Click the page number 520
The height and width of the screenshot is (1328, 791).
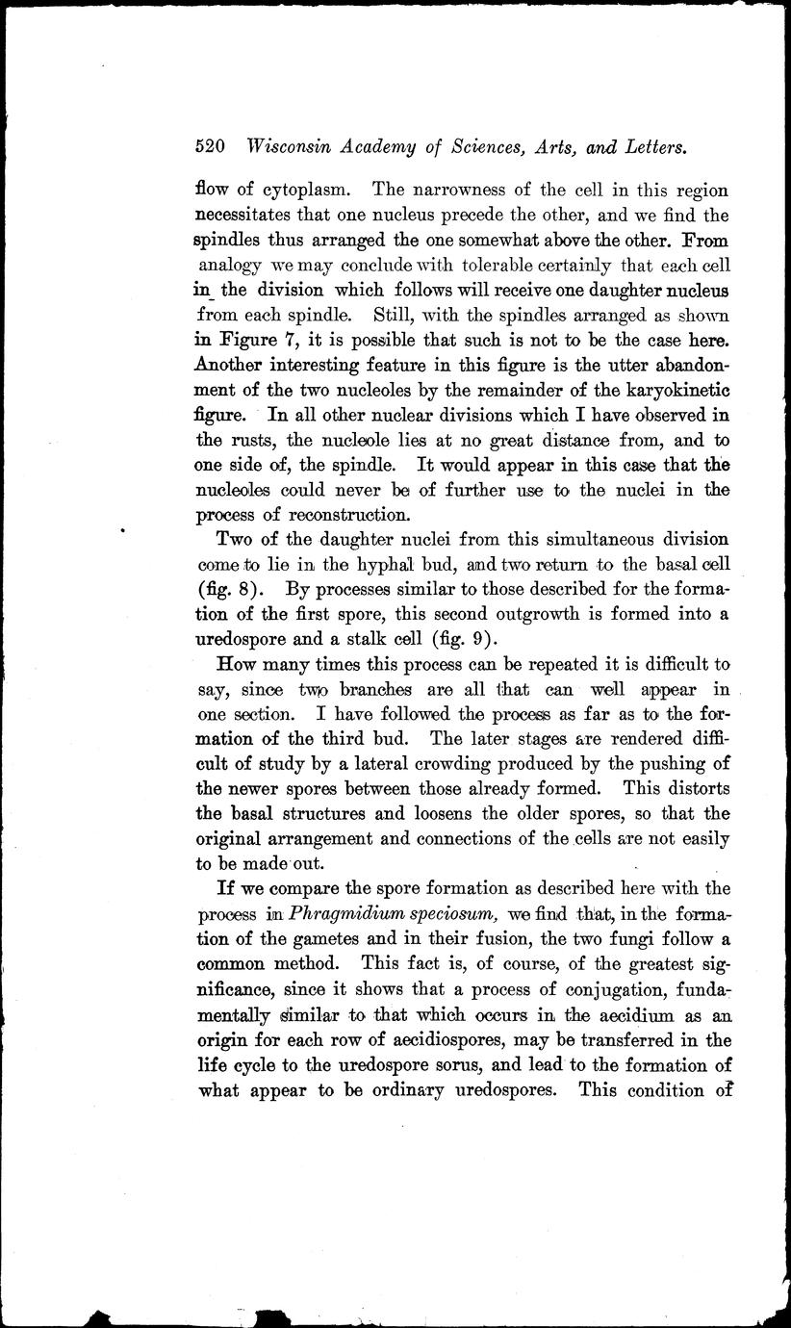coord(210,148)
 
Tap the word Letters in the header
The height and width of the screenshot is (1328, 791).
coord(651,148)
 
